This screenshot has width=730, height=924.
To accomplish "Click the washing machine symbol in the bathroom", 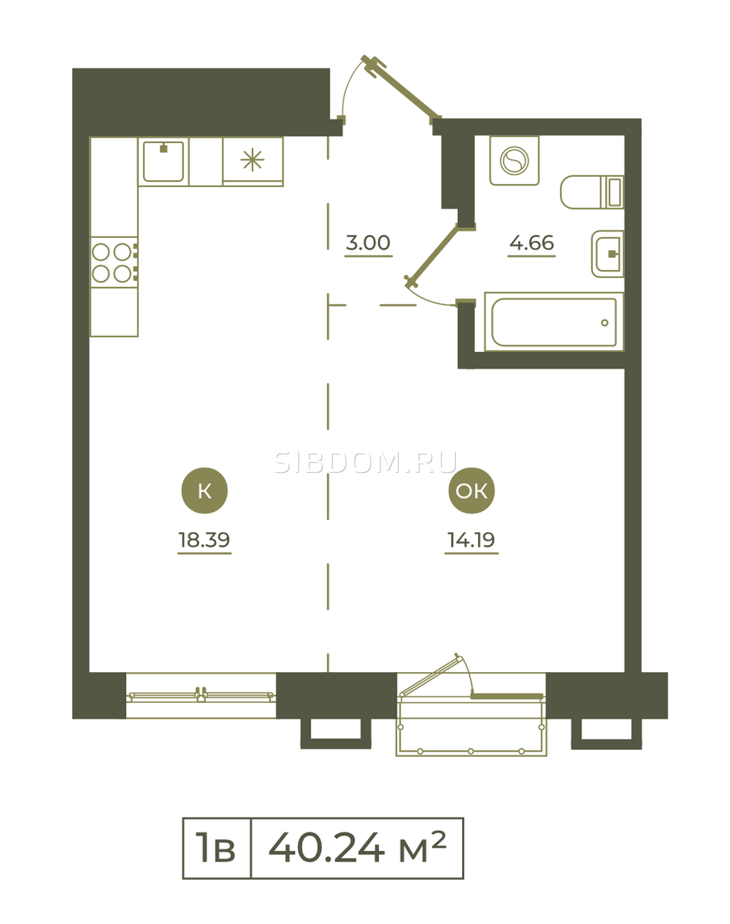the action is click(x=514, y=161).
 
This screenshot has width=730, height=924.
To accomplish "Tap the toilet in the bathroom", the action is click(x=591, y=192).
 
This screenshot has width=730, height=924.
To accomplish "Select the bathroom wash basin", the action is click(x=608, y=254).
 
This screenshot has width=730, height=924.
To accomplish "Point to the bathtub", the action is click(x=554, y=322).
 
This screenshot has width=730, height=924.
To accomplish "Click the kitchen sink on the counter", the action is click(x=163, y=162).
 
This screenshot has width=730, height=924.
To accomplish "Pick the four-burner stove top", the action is click(x=114, y=263).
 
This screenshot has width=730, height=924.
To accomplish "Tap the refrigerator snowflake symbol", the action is click(x=253, y=159).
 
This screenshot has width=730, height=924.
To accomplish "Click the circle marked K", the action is click(x=204, y=490).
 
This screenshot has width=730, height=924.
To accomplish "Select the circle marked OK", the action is click(x=471, y=490).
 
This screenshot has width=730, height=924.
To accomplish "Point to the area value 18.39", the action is click(x=204, y=540).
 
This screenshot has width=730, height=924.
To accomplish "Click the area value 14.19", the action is click(x=471, y=540).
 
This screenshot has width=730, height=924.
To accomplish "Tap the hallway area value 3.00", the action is click(x=368, y=243).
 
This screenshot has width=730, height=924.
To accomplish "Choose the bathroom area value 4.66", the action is click(x=531, y=243).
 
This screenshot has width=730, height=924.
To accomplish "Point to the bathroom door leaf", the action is click(x=432, y=256).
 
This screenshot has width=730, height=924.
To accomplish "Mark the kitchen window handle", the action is click(x=201, y=694).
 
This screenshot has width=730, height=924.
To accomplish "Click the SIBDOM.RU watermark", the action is click(x=366, y=463).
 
